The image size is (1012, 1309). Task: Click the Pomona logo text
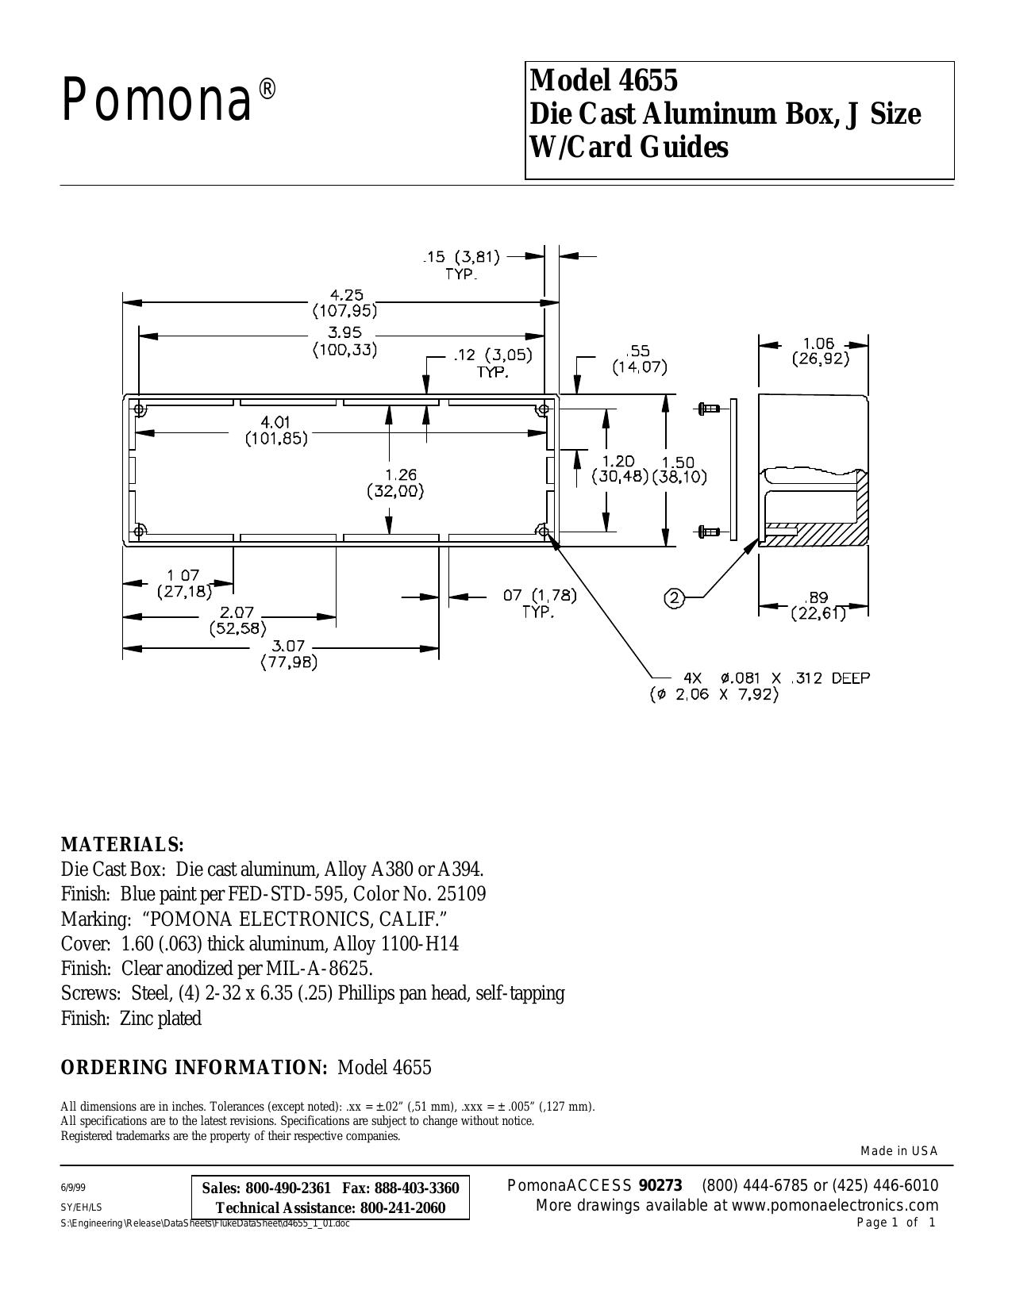point(169,101)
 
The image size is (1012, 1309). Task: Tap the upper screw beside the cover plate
point(709,409)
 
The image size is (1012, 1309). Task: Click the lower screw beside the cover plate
point(709,532)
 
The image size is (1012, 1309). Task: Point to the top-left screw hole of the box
point(139,409)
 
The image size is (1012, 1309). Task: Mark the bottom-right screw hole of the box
point(543,532)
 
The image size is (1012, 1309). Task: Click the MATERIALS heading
point(122,844)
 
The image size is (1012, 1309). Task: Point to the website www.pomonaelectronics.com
point(835,1205)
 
